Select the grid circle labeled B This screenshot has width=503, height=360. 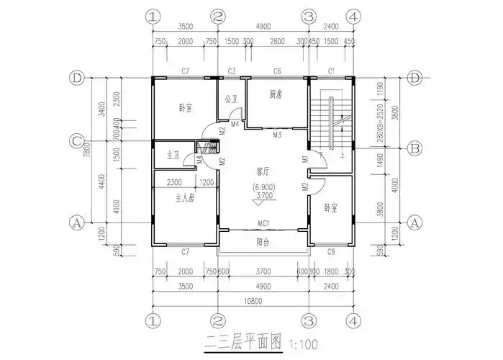(x=414, y=149)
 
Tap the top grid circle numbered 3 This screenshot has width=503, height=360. (x=309, y=16)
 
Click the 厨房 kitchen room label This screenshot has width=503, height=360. (x=275, y=94)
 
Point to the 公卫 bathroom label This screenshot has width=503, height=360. (x=231, y=99)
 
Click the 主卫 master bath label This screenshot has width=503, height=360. (x=173, y=155)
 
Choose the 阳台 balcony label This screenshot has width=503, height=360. (x=263, y=243)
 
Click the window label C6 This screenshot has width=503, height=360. (x=276, y=71)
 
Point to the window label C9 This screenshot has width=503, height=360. (x=331, y=252)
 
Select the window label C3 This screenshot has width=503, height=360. (x=232, y=71)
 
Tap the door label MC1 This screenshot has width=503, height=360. (x=263, y=224)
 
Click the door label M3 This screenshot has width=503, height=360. (x=276, y=135)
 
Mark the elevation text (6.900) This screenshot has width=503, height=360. (x=263, y=186)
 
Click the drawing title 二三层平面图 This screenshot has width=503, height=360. (x=243, y=343)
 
